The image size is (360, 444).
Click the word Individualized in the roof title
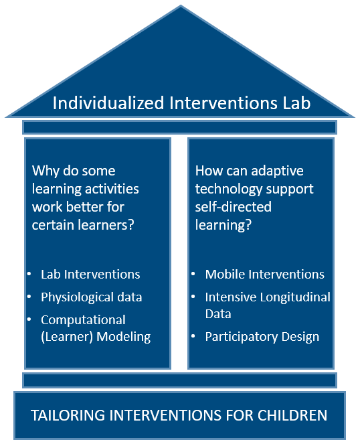pyautogui.click(x=108, y=102)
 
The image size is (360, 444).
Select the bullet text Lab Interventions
pyautogui.click(x=90, y=274)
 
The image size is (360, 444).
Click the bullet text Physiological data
pyautogui.click(x=92, y=297)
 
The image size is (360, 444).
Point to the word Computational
pyautogui.click(x=83, y=320)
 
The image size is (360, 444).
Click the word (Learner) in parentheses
pyautogui.click(x=67, y=337)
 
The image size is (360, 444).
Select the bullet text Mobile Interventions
pyautogui.click(x=265, y=274)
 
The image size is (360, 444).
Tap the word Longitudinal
pyautogui.click(x=295, y=297)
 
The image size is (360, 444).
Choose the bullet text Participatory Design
pyautogui.click(x=262, y=337)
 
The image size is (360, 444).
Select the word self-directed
pyautogui.click(x=234, y=207)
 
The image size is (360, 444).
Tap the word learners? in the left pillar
pyautogui.click(x=106, y=225)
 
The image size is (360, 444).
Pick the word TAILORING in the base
pyautogui.click(x=68, y=415)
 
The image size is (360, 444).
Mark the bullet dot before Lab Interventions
pyautogui.click(x=29, y=274)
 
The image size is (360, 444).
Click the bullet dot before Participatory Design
pyautogui.click(x=193, y=336)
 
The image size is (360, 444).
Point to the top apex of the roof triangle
pyautogui.click(x=181, y=5)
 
